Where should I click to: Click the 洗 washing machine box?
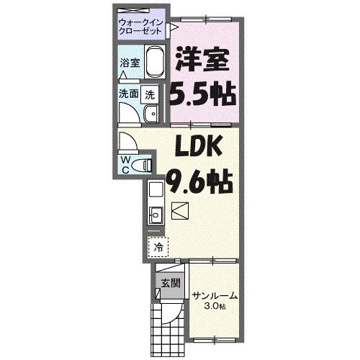(x=150, y=94)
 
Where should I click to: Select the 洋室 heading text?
(x=204, y=59)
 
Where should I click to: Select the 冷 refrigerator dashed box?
(x=157, y=246)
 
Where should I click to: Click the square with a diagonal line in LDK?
(x=180, y=211)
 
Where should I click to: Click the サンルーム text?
(x=214, y=296)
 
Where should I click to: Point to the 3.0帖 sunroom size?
(x=214, y=307)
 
